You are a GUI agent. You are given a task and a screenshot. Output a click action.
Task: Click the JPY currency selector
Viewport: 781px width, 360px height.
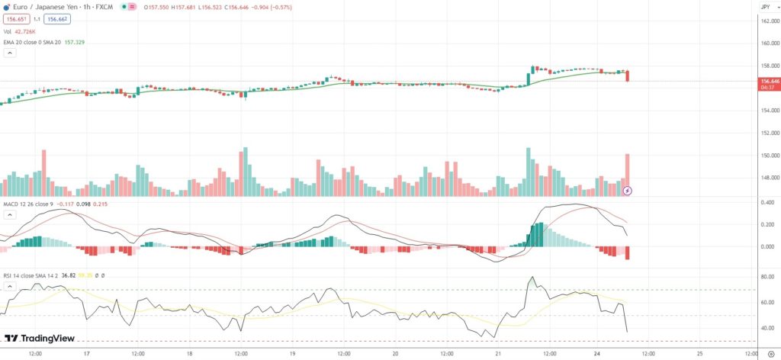[765, 7]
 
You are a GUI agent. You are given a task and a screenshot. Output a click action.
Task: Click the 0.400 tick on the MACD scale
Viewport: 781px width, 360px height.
[767, 202]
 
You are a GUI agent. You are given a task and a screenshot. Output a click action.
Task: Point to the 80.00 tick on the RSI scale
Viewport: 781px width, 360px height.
[767, 276]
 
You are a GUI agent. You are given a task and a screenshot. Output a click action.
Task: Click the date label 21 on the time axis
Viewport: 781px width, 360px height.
[497, 354]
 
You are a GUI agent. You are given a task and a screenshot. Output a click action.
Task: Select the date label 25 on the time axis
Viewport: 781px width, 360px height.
[699, 354]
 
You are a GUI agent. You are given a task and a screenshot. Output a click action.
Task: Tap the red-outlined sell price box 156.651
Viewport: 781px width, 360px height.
[15, 19]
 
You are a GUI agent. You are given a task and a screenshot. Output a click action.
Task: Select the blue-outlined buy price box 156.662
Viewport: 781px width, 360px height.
[56, 19]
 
